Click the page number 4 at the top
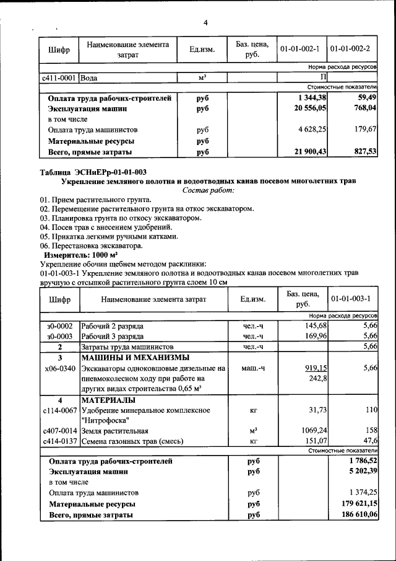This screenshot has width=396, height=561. coord(205,23)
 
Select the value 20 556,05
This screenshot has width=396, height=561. coord(311,108)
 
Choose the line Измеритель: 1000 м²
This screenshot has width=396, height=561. coord(80,255)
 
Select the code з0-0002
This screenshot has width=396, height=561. coord(59,325)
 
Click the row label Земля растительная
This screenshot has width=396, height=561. coord(114,431)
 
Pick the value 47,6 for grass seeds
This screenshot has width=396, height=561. coord(369,441)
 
